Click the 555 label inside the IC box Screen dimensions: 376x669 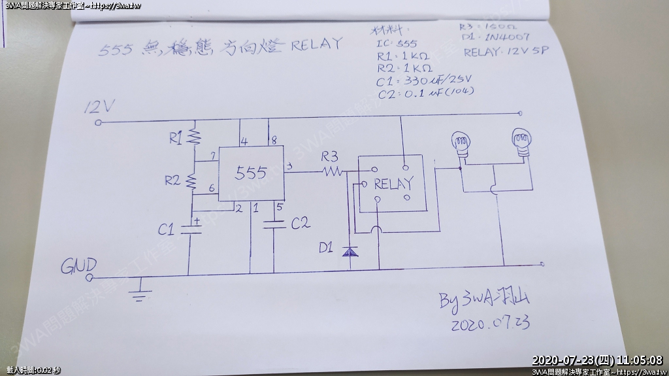pos(251,173)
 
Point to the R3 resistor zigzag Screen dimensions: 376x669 pos(331,171)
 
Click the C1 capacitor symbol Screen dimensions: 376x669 pos(190,229)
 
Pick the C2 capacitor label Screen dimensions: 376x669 pos(300,224)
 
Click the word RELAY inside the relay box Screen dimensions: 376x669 pos(393,184)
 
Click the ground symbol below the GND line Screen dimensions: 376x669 pos(139,290)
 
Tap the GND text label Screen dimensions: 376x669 pos(79,266)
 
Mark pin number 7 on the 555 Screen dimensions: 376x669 pos(214,156)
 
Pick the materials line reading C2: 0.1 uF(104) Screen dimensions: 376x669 pos(425,92)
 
